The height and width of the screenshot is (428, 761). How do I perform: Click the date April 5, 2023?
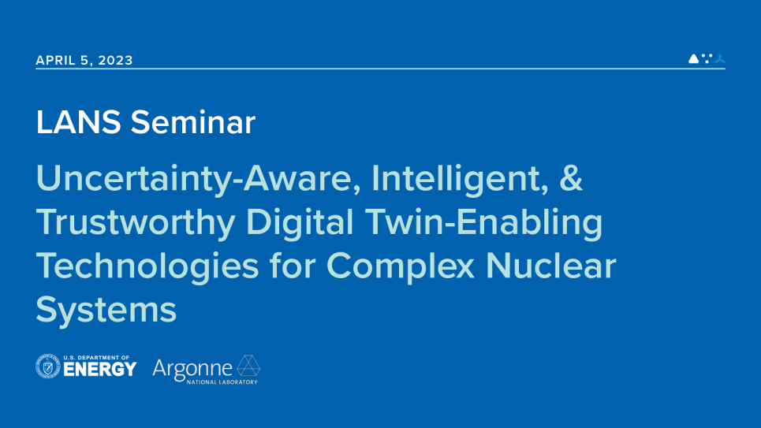84,61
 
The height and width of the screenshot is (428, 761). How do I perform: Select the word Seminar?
193,123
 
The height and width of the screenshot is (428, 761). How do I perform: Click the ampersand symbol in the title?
571,181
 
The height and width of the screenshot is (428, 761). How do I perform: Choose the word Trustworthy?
135,224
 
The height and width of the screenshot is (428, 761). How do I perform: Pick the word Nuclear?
550,266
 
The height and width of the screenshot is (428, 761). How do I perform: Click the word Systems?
106,310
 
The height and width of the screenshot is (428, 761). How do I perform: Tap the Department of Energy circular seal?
48,367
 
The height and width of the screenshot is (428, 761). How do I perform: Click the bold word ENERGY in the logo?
100,370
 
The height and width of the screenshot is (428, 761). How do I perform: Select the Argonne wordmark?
192,367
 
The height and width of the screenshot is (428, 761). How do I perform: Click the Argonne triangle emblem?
248,367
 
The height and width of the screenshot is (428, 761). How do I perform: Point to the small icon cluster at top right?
707,58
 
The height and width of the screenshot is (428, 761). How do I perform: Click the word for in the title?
293,266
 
